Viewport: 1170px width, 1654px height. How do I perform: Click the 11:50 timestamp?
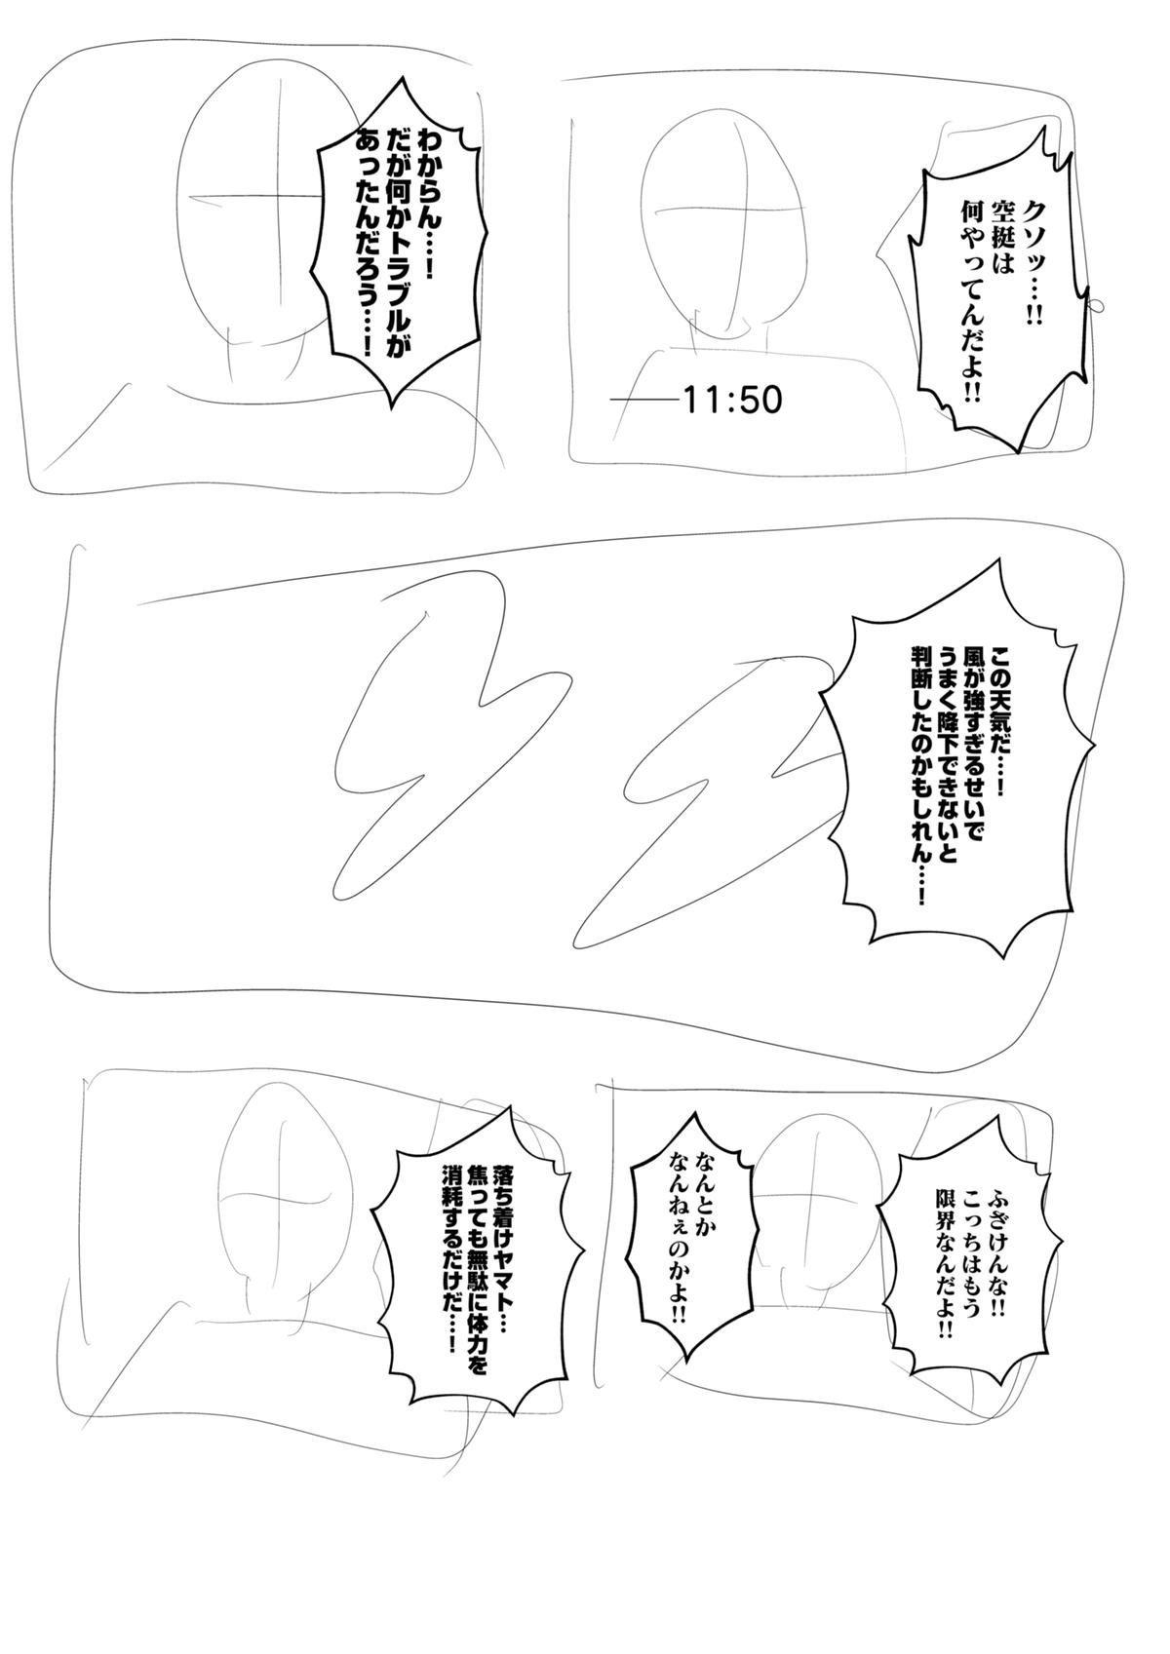coord(732,401)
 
